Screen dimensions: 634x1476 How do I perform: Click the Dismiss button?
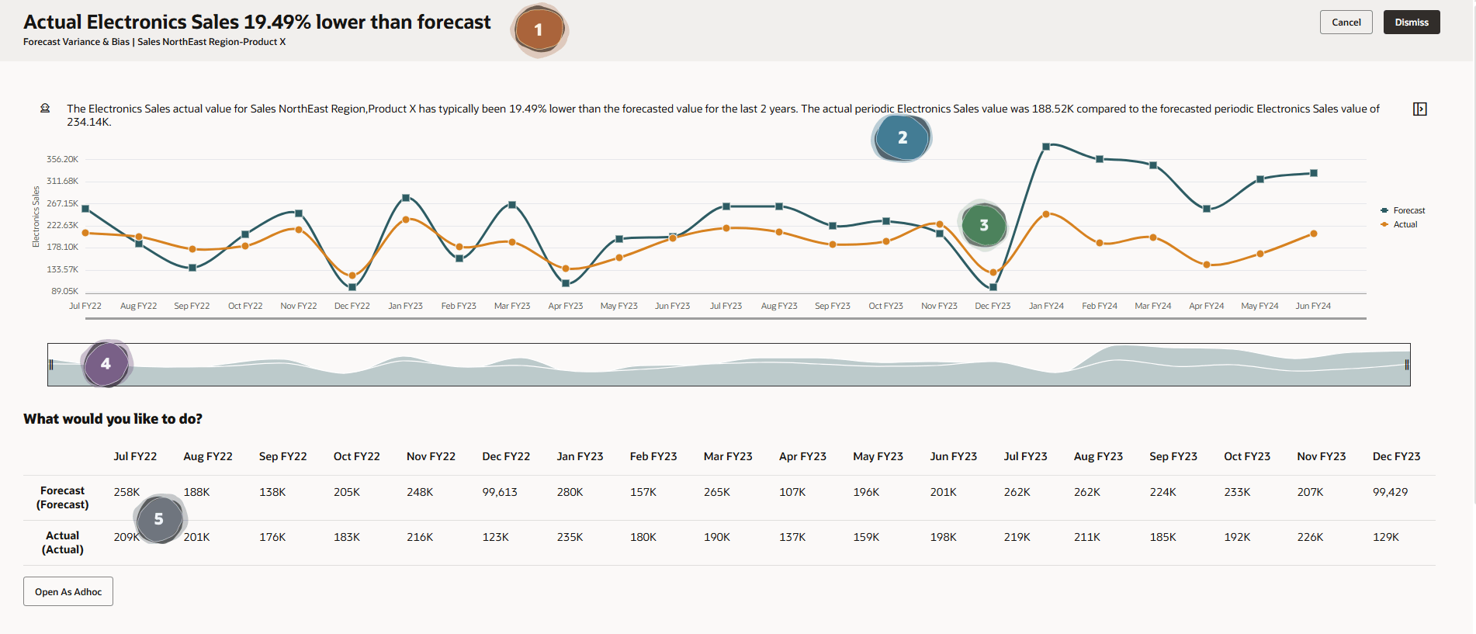[x=1411, y=23]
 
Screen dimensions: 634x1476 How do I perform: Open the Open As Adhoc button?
[x=68, y=591]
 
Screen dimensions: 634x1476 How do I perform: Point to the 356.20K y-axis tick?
[x=62, y=159]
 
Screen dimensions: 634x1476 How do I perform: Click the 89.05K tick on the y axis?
[x=64, y=291]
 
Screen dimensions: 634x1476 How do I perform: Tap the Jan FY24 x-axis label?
[x=1046, y=306]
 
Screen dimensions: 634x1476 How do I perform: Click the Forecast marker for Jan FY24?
[x=1046, y=146]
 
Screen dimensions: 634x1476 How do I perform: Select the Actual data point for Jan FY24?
[x=1046, y=214]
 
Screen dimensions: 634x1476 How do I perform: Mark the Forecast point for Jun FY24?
[x=1314, y=173]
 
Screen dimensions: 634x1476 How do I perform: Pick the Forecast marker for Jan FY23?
[x=406, y=198]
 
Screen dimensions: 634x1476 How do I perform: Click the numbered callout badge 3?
[x=983, y=225]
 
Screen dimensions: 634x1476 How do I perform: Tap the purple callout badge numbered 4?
[x=106, y=363]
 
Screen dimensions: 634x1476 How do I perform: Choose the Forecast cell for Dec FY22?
[x=500, y=492]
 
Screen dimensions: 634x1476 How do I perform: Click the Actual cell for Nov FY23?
[x=1310, y=537]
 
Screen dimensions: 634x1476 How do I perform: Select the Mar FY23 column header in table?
[x=727, y=456]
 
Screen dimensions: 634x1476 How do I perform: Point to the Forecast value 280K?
[x=570, y=492]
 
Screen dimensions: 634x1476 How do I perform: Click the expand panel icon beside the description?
[x=1419, y=109]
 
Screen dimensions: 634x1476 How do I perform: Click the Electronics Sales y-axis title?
[x=36, y=217]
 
